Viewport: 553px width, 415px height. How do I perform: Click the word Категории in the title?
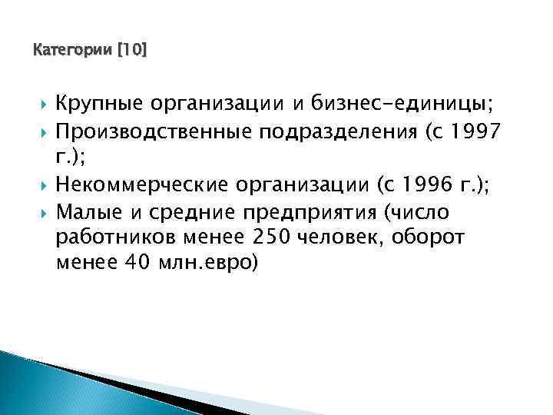[73, 51]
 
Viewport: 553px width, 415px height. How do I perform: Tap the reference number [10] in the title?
[131, 51]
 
